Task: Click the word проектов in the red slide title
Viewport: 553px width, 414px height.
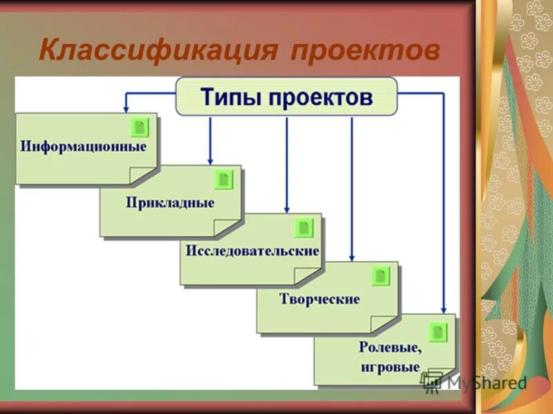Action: [365, 50]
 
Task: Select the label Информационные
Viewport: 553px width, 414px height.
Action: [83, 147]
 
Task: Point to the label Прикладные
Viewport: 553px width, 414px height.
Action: [170, 203]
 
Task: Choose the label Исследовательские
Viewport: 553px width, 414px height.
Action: [252, 250]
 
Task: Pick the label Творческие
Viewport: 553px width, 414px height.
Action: [319, 299]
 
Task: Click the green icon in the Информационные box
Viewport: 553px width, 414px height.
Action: [140, 127]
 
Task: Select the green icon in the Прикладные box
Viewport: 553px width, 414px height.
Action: [223, 179]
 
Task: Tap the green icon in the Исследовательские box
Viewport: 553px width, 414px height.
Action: [303, 228]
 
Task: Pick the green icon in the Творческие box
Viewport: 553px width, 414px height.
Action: [380, 276]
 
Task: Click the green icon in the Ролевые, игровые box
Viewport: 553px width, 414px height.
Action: [438, 331]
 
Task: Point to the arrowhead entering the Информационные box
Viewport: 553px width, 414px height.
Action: [126, 108]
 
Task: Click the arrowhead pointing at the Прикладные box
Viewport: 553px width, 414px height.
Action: [209, 160]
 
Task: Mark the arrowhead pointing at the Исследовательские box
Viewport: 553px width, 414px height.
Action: [286, 208]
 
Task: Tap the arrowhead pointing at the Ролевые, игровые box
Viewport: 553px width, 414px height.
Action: [444, 309]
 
